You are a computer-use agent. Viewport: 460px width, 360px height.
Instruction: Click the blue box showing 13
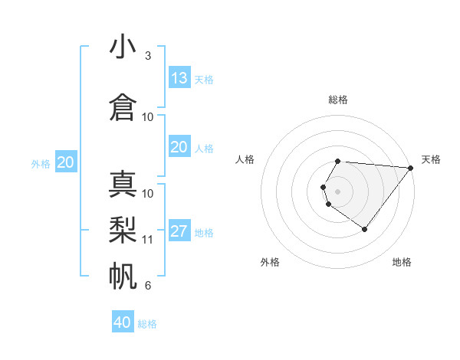pyautogui.click(x=179, y=77)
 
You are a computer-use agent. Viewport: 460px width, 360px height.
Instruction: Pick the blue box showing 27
pyautogui.click(x=179, y=231)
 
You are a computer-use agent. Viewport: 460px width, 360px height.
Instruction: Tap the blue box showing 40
pyautogui.click(x=123, y=322)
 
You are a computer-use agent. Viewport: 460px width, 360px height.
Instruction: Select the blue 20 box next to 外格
pyautogui.click(x=66, y=162)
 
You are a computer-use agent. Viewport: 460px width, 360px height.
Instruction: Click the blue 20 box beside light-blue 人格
pyautogui.click(x=179, y=147)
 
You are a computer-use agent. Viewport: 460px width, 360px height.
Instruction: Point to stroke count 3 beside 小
pyautogui.click(x=148, y=56)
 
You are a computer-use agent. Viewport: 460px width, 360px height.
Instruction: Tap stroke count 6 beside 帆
pyautogui.click(x=148, y=286)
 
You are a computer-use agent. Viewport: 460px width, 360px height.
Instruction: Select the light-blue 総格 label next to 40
pyautogui.click(x=147, y=324)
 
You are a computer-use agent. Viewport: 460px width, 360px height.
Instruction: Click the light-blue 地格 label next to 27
pyautogui.click(x=204, y=233)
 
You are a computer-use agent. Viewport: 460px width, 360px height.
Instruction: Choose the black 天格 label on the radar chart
pyautogui.click(x=431, y=159)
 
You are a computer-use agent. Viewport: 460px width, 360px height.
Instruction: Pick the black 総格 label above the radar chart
pyautogui.click(x=338, y=100)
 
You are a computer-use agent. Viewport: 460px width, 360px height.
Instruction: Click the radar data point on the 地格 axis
pyautogui.click(x=364, y=229)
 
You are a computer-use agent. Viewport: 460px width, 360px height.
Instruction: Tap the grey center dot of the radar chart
pyautogui.click(x=338, y=191)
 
